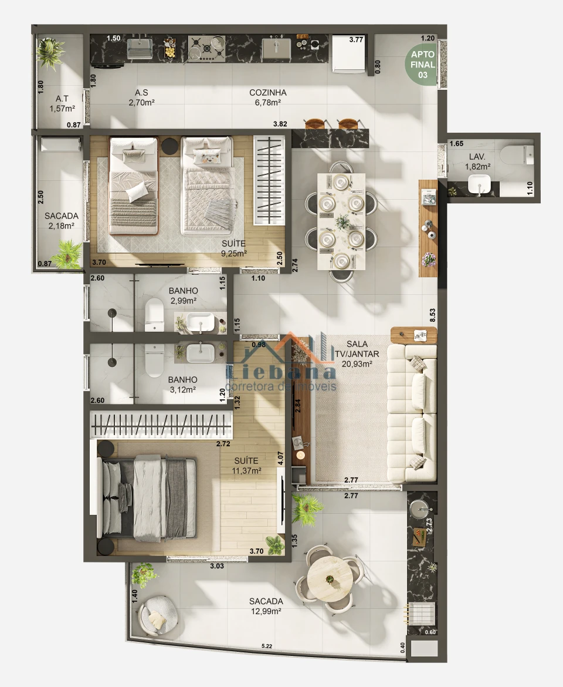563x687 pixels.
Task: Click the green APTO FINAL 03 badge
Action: [423, 65]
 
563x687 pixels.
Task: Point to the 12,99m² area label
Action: [266, 611]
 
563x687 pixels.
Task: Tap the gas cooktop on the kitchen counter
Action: [206, 48]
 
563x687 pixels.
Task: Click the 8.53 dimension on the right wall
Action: [432, 315]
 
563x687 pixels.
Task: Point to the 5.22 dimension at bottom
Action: [267, 646]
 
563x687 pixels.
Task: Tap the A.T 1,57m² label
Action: [62, 103]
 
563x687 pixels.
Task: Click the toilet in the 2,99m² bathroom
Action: [154, 315]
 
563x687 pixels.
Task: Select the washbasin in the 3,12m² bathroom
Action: [201, 353]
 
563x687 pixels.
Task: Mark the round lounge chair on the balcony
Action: [158, 615]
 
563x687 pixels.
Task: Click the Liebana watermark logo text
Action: [281, 372]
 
